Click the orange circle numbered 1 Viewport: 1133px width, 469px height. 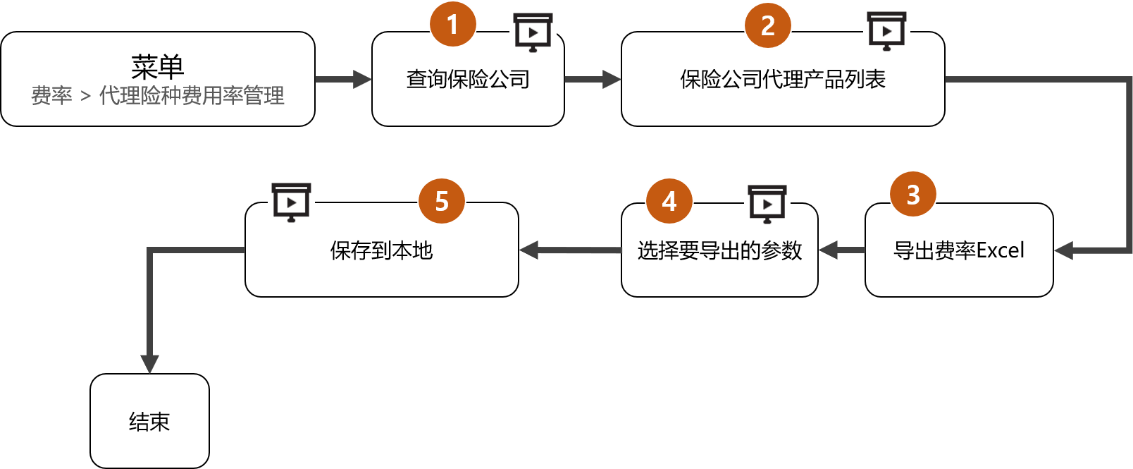click(453, 25)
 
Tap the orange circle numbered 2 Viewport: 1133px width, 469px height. click(768, 26)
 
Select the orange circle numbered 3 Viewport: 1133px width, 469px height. click(913, 195)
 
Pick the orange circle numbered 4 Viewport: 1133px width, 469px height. click(669, 202)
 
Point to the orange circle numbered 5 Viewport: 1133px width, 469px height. click(442, 202)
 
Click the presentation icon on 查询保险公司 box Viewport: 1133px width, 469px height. click(533, 32)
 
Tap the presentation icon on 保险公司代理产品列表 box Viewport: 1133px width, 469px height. click(887, 30)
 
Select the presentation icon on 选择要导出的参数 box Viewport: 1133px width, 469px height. click(767, 203)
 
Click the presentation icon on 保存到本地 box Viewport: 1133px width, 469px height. click(291, 202)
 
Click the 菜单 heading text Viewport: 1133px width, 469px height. click(158, 67)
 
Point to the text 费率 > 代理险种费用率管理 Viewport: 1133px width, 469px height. click(158, 96)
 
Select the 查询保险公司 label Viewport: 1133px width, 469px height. click(468, 80)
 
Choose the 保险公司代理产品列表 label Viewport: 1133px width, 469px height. click(783, 80)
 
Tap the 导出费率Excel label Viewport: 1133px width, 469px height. click(959, 250)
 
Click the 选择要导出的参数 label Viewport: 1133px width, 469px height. click(719, 250)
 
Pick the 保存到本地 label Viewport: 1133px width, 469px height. click(381, 250)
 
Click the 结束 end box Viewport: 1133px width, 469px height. click(149, 421)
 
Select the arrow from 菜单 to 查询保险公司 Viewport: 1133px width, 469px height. click(343, 79)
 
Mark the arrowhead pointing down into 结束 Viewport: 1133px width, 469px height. click(149, 363)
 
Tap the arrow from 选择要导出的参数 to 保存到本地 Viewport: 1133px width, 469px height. click(570, 250)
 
